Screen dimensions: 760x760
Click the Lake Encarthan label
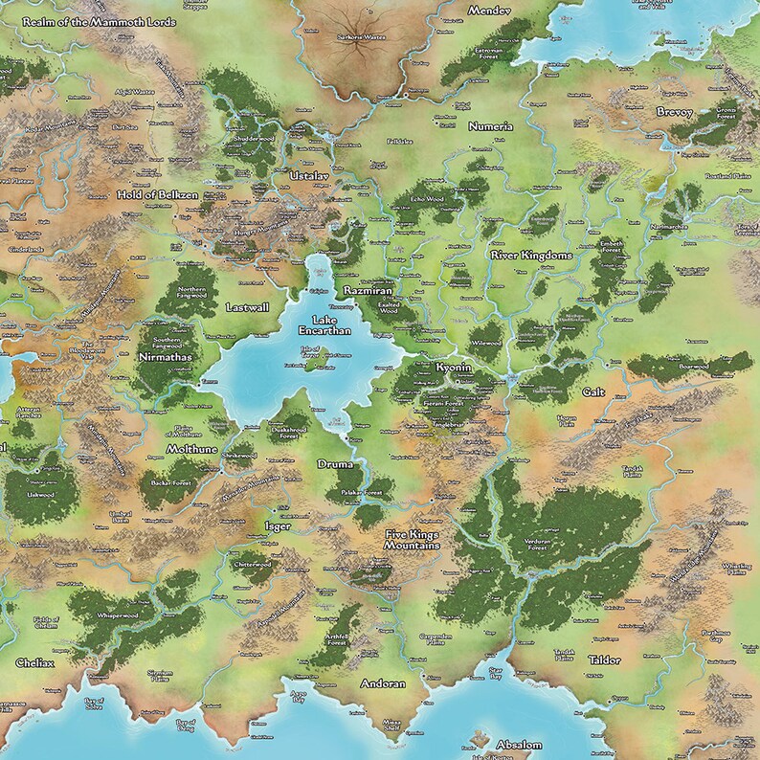coord(330,324)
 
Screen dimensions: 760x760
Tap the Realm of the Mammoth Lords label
coord(96,21)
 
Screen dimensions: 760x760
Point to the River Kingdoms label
coord(531,257)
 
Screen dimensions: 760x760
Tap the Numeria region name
coord(491,126)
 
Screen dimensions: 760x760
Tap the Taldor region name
coord(604,660)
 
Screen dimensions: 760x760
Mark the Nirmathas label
coord(164,355)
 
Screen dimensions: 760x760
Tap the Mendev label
coord(486,10)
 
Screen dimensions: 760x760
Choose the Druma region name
coord(335,464)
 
